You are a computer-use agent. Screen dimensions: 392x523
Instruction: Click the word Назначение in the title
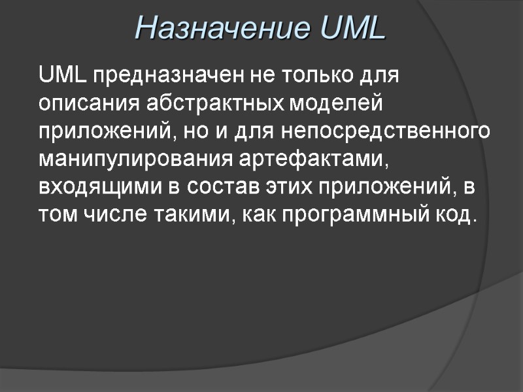(x=214, y=28)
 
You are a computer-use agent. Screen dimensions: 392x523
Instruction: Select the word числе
(x=118, y=216)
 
